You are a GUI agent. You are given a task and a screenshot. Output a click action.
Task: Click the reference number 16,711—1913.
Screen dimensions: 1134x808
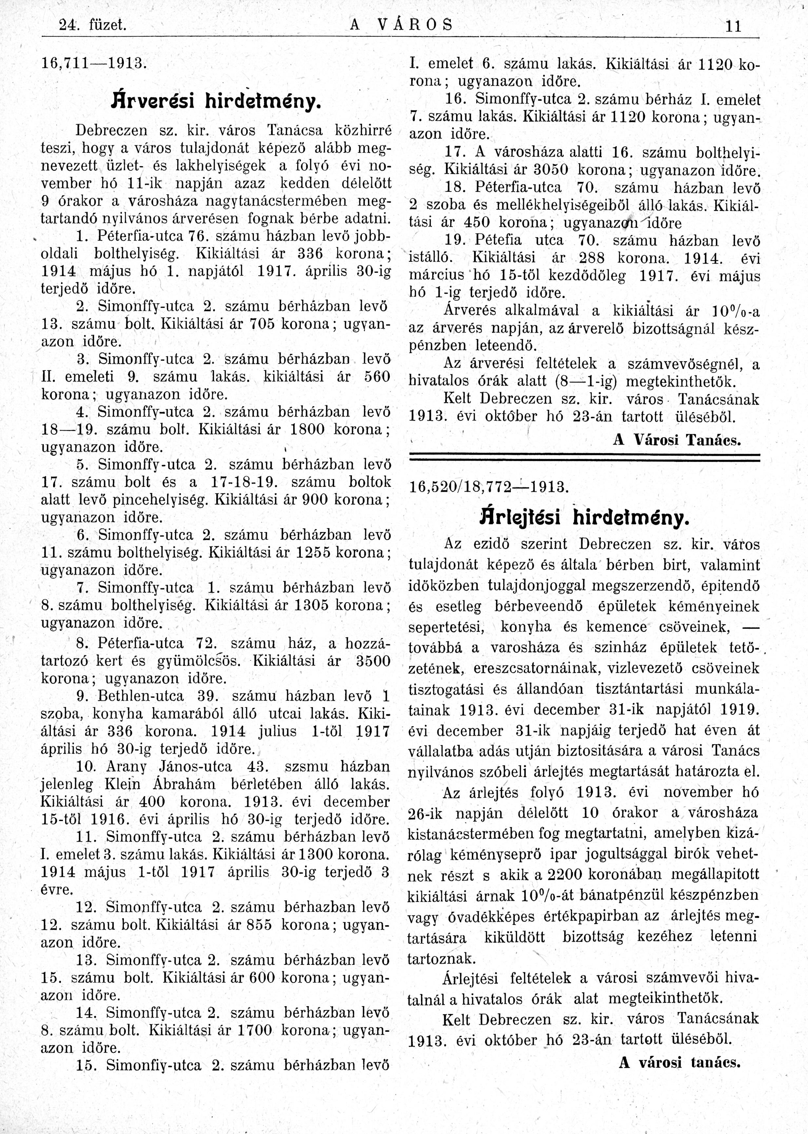coord(93,63)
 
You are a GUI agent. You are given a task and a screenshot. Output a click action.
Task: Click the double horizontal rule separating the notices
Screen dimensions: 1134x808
coord(584,457)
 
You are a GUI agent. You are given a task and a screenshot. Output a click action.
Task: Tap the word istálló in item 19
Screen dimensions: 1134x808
coord(429,258)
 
